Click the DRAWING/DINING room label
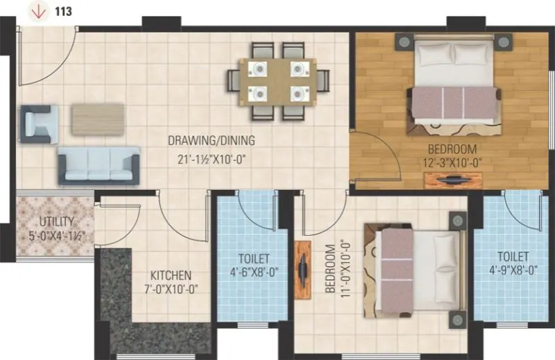tap(211, 141)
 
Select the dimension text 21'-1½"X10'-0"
tap(211, 158)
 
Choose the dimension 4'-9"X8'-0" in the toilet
tap(512, 271)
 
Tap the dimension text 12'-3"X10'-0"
tap(452, 163)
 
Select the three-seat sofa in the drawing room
tap(99, 165)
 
